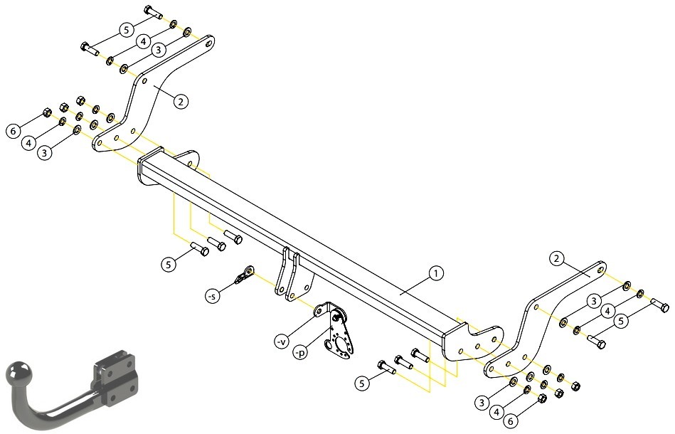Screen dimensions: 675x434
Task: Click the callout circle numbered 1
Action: (435, 273)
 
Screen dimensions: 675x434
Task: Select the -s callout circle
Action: (211, 296)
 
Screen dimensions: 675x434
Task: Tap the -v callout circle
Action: (281, 342)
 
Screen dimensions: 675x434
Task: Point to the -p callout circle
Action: (300, 353)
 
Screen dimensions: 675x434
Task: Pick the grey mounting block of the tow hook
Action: (116, 378)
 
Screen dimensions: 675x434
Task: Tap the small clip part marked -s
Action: (244, 275)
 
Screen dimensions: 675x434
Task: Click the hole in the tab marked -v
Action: (319, 310)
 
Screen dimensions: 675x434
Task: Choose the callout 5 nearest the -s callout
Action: (169, 264)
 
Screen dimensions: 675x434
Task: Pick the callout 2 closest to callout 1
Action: (557, 258)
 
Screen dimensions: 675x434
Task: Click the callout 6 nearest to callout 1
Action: (511, 421)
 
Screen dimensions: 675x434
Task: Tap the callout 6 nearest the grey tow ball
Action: (13, 130)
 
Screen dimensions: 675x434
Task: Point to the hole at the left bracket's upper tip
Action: (209, 44)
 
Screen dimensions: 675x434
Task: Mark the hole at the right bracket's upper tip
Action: (600, 270)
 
